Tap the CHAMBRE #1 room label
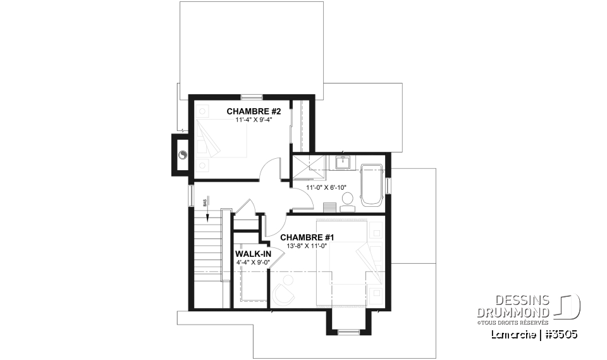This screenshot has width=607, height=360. [x=307, y=237]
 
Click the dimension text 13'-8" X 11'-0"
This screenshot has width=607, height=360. [x=307, y=245]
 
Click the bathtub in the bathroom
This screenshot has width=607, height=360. [x=371, y=185]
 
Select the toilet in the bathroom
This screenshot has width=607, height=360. [x=347, y=201]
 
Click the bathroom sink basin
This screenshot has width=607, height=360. [x=345, y=162]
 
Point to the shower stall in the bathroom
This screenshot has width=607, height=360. [x=307, y=168]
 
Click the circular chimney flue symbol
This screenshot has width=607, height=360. [x=183, y=154]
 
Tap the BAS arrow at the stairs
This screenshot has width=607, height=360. [x=207, y=216]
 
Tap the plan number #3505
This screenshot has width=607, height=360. [x=561, y=333]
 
